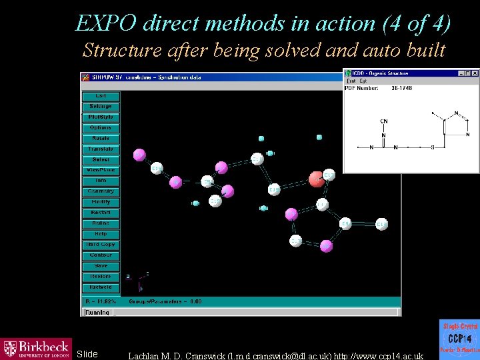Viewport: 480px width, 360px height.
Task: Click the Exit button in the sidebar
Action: point(101,96)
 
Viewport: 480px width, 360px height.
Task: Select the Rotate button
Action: point(101,138)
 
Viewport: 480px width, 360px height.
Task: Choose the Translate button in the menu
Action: point(101,149)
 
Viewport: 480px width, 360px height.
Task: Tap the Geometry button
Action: point(101,191)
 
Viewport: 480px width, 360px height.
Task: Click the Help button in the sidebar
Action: point(101,234)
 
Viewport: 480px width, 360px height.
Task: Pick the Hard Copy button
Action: point(101,245)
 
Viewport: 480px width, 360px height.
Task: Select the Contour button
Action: point(101,255)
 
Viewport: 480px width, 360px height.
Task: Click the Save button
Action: point(101,266)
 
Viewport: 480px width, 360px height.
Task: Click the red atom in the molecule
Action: point(317,178)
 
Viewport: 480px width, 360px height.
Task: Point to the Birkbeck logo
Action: point(36,348)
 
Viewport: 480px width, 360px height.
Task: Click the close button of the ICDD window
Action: point(475,73)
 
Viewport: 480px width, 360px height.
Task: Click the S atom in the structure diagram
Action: point(433,147)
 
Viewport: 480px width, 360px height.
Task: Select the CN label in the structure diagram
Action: point(384,121)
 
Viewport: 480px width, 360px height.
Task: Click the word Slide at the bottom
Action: point(87,354)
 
